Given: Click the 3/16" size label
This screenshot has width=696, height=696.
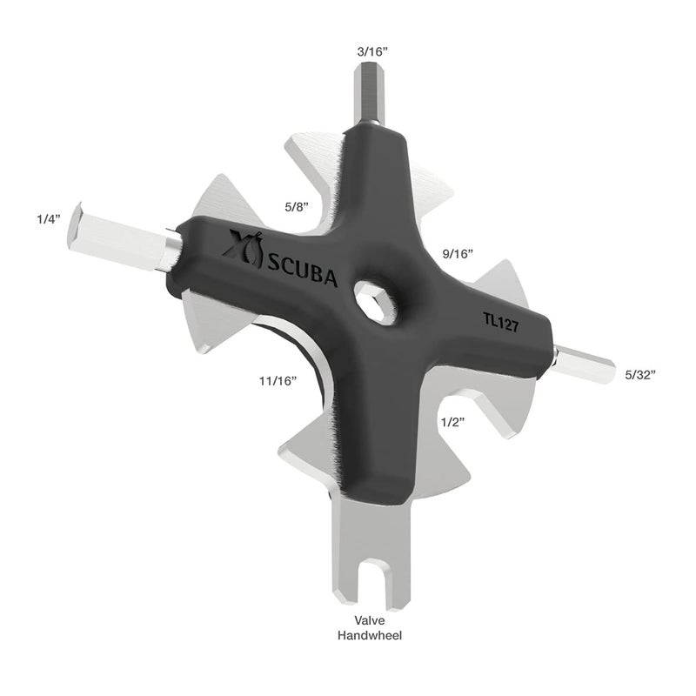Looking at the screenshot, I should point(371,51).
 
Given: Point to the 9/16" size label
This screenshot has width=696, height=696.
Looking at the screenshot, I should point(457,254).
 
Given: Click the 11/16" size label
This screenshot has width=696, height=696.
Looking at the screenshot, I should point(278,380).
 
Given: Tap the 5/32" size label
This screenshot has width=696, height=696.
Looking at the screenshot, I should point(639,374).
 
